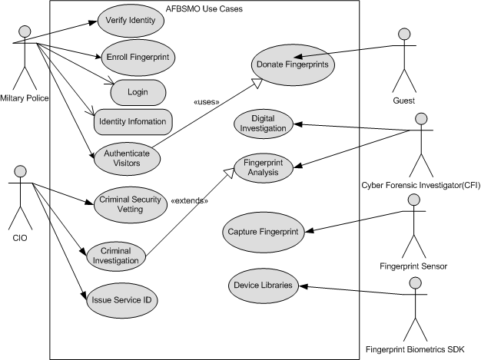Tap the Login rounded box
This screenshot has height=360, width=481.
pyautogui.click(x=138, y=92)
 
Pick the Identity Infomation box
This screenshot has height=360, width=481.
pyautogui.click(x=134, y=121)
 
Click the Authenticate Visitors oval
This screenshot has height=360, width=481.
pyautogui.click(x=128, y=159)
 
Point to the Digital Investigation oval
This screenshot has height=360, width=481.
pyautogui.click(x=263, y=124)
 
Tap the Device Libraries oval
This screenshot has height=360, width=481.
pyautogui.click(x=264, y=285)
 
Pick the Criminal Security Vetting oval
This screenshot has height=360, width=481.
pyautogui.click(x=131, y=205)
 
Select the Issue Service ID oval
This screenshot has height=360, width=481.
pyautogui.click(x=121, y=299)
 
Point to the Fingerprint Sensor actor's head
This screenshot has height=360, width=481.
pyautogui.click(x=414, y=200)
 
